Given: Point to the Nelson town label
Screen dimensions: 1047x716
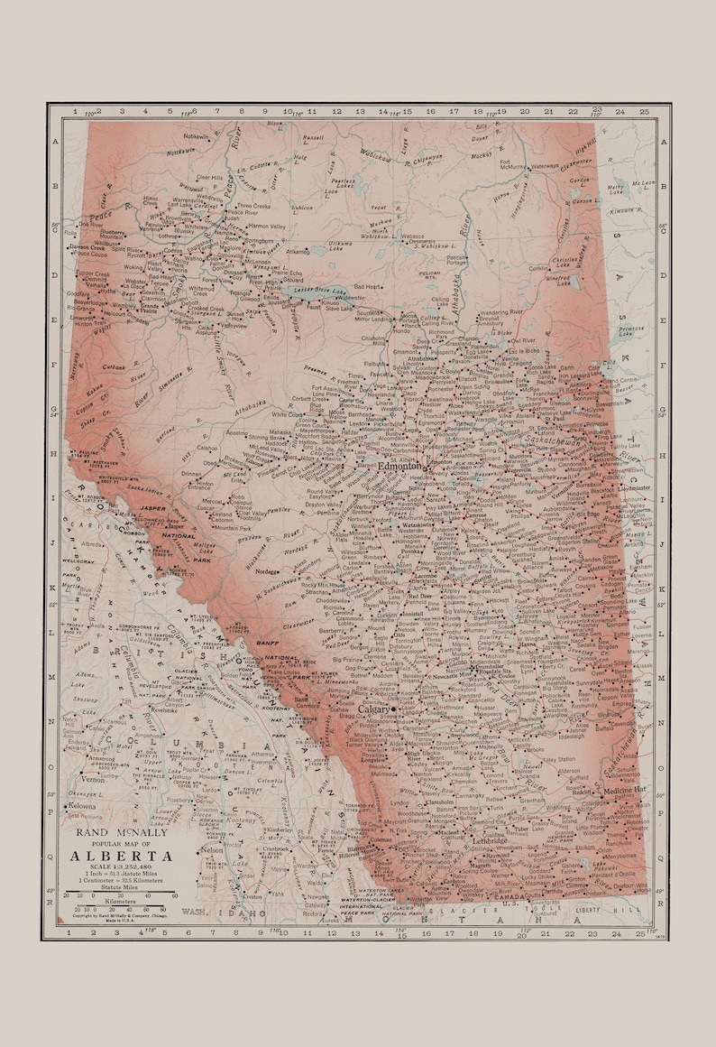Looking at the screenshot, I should (213, 850).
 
